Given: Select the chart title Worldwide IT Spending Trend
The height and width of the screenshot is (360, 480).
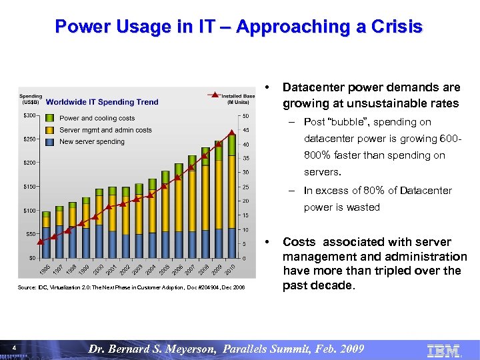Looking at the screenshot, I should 102,102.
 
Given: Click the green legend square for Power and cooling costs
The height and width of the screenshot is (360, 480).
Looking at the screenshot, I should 50,119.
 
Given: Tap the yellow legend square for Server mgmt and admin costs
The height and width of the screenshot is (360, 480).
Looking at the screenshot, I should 50,130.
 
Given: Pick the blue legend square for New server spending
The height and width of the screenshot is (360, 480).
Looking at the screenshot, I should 50,141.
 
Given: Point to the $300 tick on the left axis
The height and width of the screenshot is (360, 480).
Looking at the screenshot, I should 29,116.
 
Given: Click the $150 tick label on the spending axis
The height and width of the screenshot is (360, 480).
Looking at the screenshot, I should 29,187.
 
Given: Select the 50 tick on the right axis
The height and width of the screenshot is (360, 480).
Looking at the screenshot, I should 246,116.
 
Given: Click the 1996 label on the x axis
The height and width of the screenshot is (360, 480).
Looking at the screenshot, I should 43,268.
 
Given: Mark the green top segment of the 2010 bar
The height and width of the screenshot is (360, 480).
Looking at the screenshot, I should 232,146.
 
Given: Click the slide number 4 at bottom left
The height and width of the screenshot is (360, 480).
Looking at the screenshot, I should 14,347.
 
